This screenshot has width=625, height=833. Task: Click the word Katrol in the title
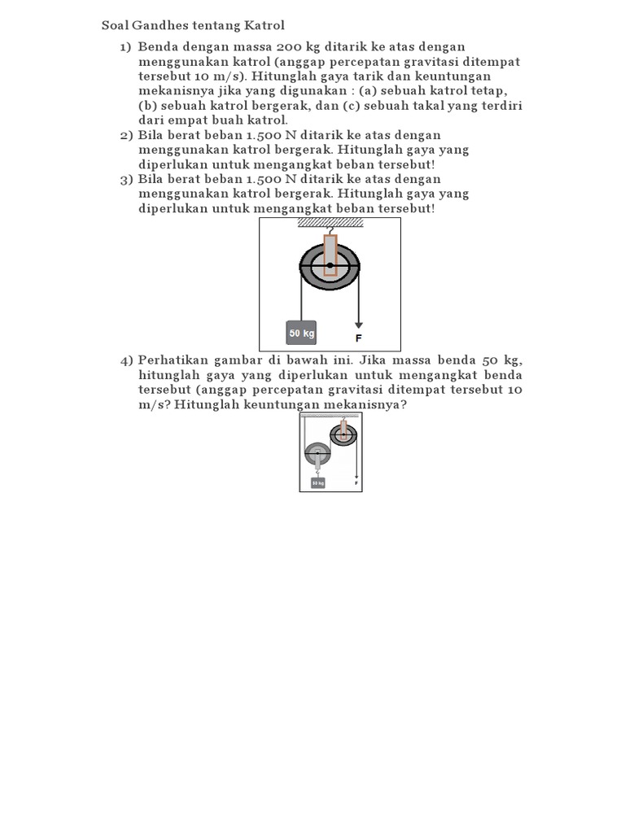tap(265, 26)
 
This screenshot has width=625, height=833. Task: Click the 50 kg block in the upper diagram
tap(301, 333)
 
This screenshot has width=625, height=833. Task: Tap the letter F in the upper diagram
tap(358, 338)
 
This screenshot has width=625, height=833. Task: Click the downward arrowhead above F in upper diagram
tap(358, 324)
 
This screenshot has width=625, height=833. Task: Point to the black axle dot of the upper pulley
tap(330, 265)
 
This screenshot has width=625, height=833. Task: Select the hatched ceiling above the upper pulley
tap(330, 222)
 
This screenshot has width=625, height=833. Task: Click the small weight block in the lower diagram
tap(317, 482)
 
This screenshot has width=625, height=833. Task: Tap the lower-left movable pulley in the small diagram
tap(317, 453)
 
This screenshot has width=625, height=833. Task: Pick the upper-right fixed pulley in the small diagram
tap(344, 435)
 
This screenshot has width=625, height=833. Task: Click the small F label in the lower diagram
tap(356, 483)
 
